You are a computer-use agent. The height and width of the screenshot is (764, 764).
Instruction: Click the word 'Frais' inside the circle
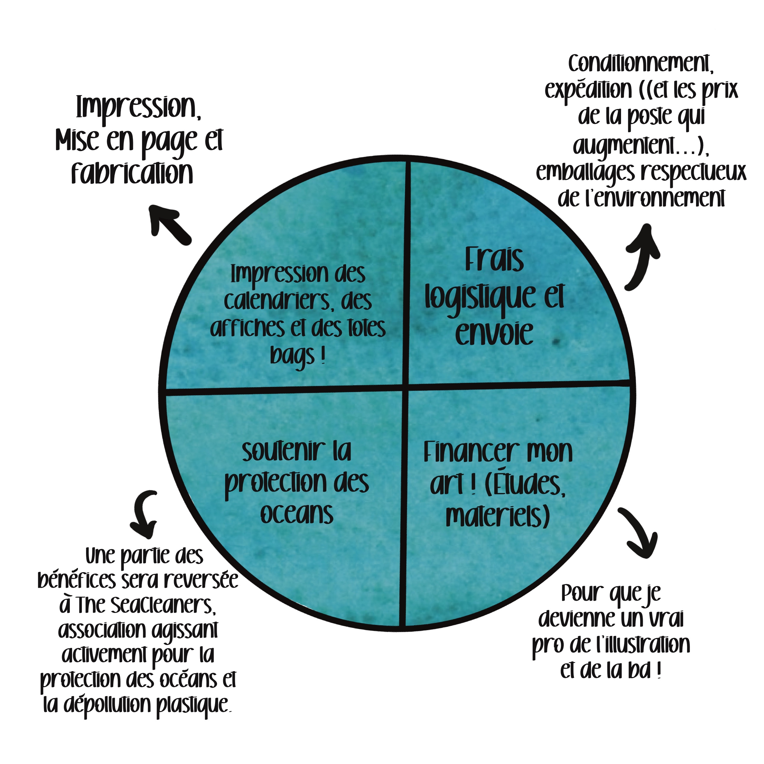tap(494, 259)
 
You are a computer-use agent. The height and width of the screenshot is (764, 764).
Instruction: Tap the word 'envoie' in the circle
tap(494, 333)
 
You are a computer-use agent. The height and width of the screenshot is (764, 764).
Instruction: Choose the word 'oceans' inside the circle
tap(297, 514)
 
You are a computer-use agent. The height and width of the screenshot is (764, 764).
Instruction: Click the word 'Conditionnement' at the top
tap(641, 64)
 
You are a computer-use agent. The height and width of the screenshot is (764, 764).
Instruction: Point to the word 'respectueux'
tap(693, 172)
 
